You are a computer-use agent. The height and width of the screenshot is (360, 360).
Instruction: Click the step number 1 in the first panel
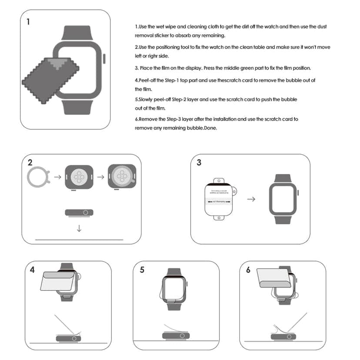pos(29,21)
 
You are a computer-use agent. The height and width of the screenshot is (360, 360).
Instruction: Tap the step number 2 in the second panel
pos(30,163)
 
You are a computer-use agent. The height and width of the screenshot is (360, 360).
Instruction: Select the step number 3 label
pos(199,163)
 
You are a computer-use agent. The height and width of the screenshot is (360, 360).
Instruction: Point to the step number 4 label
pos(32,270)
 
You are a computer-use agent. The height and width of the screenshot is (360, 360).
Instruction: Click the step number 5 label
pos(142,270)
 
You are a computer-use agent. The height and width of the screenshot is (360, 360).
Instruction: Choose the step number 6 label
pos(248,270)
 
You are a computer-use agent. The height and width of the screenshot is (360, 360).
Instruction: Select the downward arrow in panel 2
pos(79,228)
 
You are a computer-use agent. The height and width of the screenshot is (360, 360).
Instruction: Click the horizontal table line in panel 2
pos(79,240)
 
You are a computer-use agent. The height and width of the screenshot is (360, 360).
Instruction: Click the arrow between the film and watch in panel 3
pos(251,199)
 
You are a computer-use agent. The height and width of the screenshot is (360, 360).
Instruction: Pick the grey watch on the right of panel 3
pos(283,199)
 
